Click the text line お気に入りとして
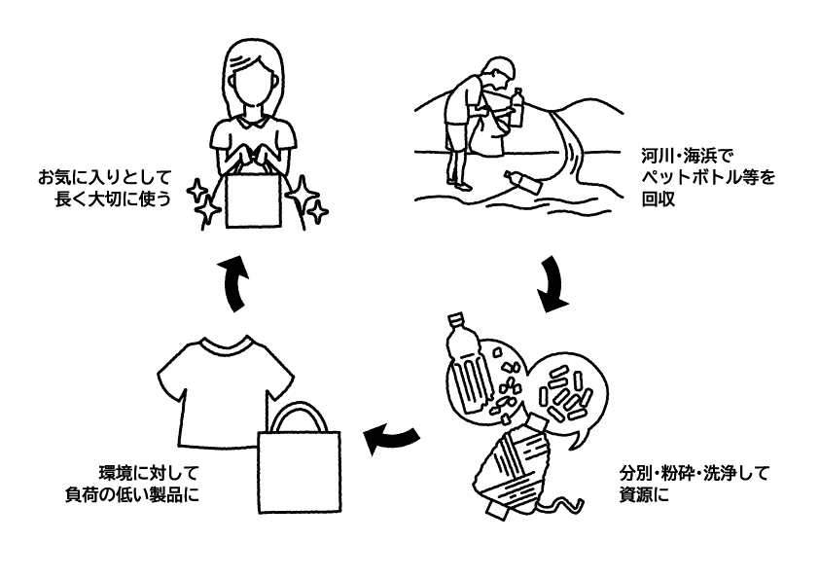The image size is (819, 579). (x=104, y=179)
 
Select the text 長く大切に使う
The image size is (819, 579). (x=115, y=201)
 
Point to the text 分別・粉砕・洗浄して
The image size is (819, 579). (x=694, y=474)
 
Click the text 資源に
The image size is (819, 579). (x=645, y=496)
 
